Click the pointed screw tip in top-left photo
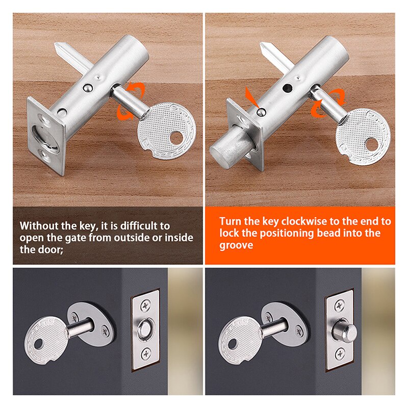(58, 48)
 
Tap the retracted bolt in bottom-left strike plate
(145, 328)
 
